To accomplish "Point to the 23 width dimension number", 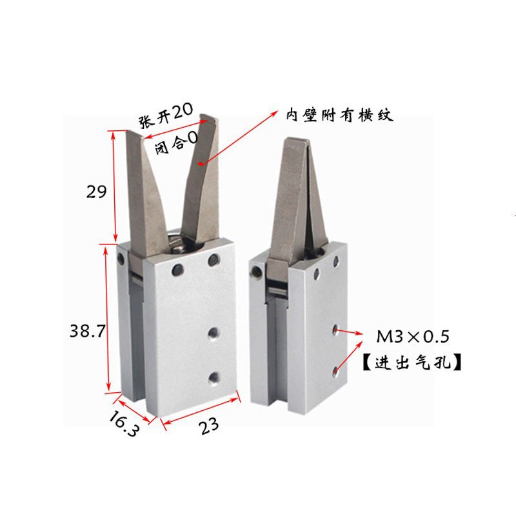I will tap(208, 426).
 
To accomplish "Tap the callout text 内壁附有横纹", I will tap(340, 116).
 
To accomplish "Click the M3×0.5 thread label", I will tap(412, 336).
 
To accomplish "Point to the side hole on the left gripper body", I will tap(121, 259).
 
